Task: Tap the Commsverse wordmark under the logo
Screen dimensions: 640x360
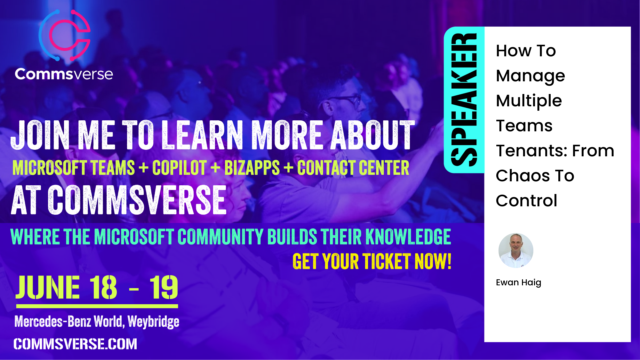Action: (x=64, y=74)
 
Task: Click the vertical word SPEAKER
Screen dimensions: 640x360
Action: (x=464, y=100)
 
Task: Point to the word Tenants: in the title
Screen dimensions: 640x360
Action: (x=532, y=151)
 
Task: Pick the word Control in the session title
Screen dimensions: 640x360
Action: (x=526, y=201)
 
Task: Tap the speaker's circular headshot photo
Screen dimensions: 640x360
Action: (x=516, y=250)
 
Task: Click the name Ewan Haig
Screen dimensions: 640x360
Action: (x=518, y=283)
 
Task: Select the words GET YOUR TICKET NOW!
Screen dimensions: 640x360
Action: (x=372, y=261)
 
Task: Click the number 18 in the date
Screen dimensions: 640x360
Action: (x=103, y=287)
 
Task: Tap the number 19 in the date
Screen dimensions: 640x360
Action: (x=164, y=287)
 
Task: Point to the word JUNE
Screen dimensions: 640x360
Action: (x=48, y=287)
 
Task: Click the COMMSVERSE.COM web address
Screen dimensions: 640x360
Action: (x=75, y=344)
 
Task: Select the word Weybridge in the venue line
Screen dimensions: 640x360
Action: (x=153, y=322)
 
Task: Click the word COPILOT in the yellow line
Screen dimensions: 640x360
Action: (x=179, y=168)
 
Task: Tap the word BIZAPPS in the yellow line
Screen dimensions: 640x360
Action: (x=252, y=168)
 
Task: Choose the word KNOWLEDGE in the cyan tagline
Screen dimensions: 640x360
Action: (x=408, y=237)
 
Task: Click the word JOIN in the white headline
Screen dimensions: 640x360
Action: (x=40, y=135)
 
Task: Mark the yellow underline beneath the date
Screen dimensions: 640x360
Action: (x=97, y=306)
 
